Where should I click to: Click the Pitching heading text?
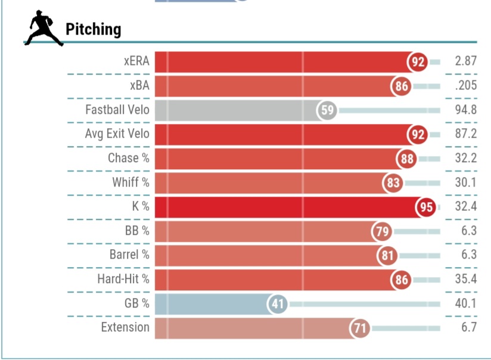pos(93,29)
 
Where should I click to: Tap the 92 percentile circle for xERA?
pos(417,61)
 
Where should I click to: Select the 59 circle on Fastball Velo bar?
pos(327,110)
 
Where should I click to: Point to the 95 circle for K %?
pos(425,207)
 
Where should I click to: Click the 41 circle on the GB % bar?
pos(277,304)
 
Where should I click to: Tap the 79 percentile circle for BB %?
pos(381,231)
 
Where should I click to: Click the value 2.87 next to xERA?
pos(465,61)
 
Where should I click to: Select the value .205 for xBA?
pos(465,86)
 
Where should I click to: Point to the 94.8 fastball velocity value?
pos(465,110)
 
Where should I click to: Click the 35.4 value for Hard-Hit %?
pos(465,280)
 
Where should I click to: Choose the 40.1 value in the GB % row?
pos(465,304)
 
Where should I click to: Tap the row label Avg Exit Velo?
pos(117,134)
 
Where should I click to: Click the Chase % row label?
pos(128,159)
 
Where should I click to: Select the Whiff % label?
pos(130,182)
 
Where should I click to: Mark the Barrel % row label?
pos(129,255)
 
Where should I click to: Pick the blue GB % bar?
pos(209,304)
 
